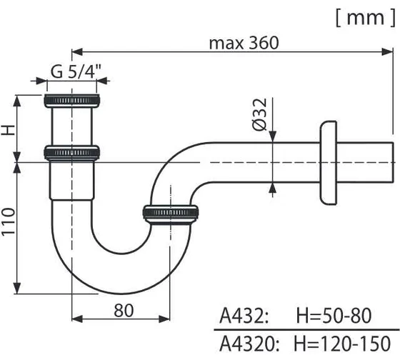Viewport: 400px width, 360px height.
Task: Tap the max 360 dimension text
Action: point(243,43)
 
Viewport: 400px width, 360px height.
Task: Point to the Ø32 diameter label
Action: point(259,115)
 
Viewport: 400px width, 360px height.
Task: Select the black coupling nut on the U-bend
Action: point(172,212)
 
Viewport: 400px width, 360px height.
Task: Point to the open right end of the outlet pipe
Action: point(393,164)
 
